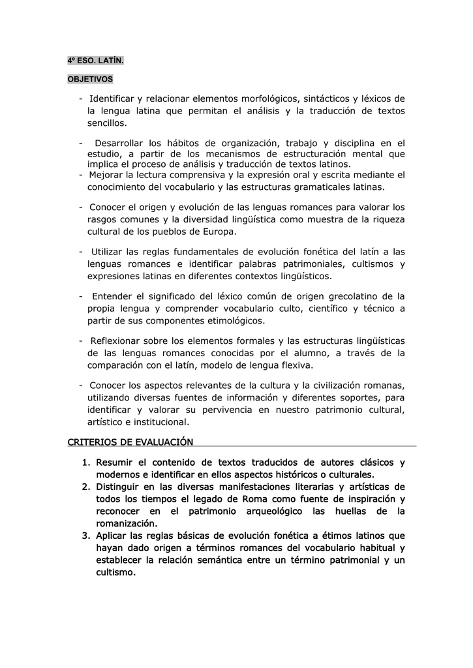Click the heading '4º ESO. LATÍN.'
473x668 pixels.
[x=95, y=61]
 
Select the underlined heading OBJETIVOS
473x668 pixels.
[x=90, y=80]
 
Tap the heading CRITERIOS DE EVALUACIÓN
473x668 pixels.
[x=130, y=442]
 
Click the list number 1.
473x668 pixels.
[x=85, y=463]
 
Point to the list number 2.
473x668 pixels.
[x=85, y=487]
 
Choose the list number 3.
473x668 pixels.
[x=85, y=536]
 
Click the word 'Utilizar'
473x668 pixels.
[x=111, y=252]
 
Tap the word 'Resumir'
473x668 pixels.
[x=116, y=463]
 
